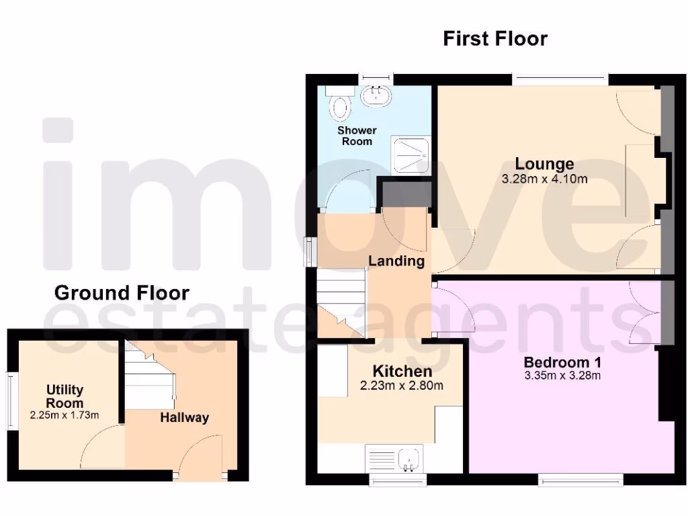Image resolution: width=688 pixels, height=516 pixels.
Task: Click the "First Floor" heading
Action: coord(495,39)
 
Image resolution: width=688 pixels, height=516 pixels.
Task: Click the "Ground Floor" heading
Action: coord(122,293)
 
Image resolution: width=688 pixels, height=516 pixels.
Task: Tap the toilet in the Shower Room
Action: coord(341,105)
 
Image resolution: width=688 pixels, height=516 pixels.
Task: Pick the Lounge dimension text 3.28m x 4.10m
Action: coord(544,179)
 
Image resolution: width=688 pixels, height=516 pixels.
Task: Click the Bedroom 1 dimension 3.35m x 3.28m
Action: coord(562,376)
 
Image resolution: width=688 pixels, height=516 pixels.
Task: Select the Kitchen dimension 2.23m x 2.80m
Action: coord(402,386)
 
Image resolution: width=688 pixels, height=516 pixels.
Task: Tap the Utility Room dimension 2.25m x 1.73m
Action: coord(64,415)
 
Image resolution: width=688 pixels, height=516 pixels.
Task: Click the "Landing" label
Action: coord(396,261)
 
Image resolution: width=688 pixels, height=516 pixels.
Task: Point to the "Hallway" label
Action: coord(184,418)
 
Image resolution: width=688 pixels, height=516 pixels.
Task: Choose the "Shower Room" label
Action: coord(357,136)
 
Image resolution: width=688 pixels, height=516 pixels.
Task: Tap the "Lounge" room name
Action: coord(544,163)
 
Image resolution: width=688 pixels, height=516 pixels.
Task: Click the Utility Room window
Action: coord(11,400)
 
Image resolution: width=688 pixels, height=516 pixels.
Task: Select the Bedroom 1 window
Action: coord(581,480)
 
